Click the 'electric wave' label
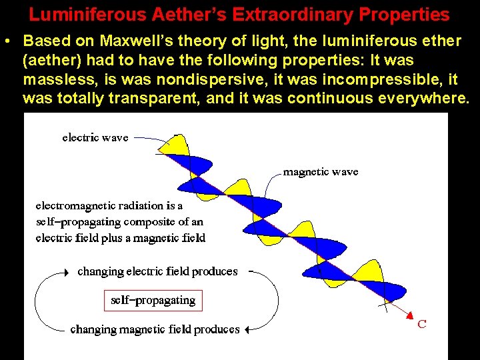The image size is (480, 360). coord(95,138)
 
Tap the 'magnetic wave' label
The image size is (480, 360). coord(321,172)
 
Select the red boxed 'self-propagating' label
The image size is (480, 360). coord(153,301)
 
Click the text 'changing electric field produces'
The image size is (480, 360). coord(157,271)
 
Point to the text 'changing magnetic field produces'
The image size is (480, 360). coord(155,329)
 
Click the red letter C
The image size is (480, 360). coord(421,325)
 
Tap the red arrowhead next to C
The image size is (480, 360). coord(411,316)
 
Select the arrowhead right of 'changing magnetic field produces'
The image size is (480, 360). coord(246,329)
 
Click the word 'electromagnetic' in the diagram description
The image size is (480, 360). coord(75,206)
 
